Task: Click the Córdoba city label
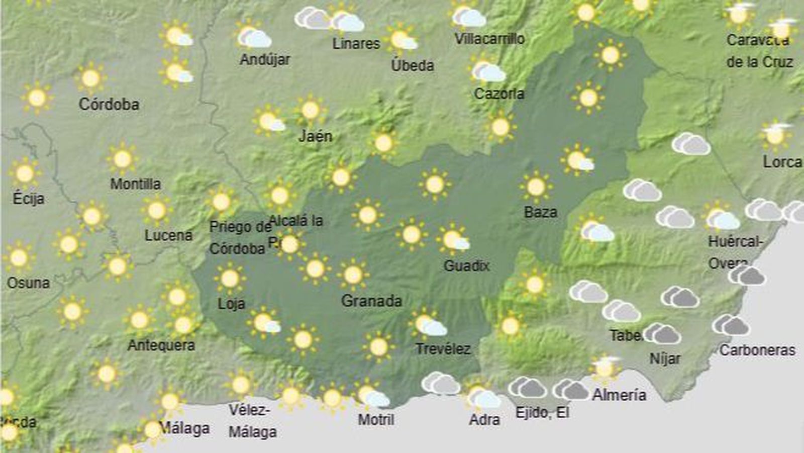pos(109,104)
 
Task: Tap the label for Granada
pos(371,301)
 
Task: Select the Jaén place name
pos(315,136)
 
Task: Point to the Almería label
pos(619,395)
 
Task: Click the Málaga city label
pos(184,428)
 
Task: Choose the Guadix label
pos(466,265)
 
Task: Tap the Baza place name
pos(540,212)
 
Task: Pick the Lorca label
pos(782,162)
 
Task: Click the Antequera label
pos(161,345)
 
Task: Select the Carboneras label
pos(757,350)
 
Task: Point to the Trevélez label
pos(443,348)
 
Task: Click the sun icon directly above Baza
pos(536,187)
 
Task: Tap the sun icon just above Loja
pos(230,278)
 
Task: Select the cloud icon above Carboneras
pos(731,325)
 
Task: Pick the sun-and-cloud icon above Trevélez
pos(429,324)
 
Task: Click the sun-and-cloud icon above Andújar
pos(254,37)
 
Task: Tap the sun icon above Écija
pos(25,173)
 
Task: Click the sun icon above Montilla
pos(122,159)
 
